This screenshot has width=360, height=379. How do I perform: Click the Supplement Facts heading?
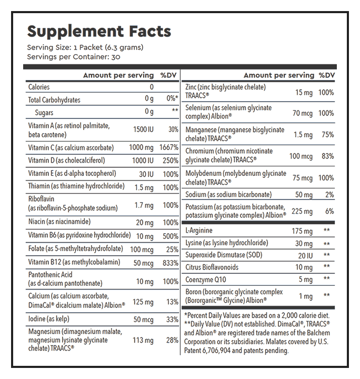(99, 31)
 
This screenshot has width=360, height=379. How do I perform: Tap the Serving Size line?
(85, 47)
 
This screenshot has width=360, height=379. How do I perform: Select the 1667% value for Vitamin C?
(169, 148)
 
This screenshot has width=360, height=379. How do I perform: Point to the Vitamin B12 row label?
(74, 262)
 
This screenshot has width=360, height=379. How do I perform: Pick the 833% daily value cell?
(169, 262)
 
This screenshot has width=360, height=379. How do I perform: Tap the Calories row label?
(39, 87)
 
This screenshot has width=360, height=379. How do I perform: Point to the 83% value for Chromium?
(327, 156)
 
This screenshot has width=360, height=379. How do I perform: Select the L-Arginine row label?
(202, 231)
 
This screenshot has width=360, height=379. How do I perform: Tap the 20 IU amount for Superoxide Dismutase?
(305, 255)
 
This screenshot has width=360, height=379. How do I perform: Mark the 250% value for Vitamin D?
(170, 161)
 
